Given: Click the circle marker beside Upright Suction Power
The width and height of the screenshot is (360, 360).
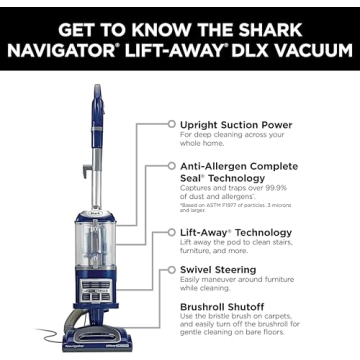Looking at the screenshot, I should pos(171,125).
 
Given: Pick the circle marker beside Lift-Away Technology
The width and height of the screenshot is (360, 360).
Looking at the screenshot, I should pos(171,232).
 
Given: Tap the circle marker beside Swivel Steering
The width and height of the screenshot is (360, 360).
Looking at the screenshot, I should pos(171,270).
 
